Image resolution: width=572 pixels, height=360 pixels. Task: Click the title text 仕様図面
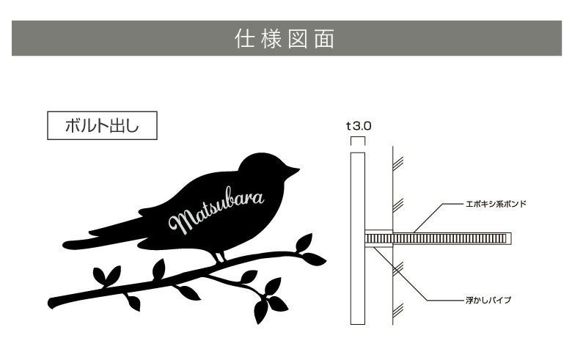click(x=285, y=38)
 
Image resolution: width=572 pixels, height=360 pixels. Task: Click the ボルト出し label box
click(x=102, y=125)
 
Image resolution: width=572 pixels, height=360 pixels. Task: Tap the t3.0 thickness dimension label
click(x=359, y=125)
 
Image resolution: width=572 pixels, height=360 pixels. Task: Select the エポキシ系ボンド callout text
click(x=496, y=203)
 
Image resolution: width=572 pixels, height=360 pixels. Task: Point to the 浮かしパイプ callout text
click(x=489, y=300)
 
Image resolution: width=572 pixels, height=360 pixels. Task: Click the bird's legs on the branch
click(x=219, y=256)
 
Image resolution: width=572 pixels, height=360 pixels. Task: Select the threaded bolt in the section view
click(x=440, y=238)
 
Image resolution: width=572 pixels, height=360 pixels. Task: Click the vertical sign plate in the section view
click(x=358, y=238)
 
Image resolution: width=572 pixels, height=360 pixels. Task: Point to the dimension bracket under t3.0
click(x=358, y=139)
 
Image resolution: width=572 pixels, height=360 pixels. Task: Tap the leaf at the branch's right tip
click(x=314, y=259)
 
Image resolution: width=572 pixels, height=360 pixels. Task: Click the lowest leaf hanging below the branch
click(x=260, y=311)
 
